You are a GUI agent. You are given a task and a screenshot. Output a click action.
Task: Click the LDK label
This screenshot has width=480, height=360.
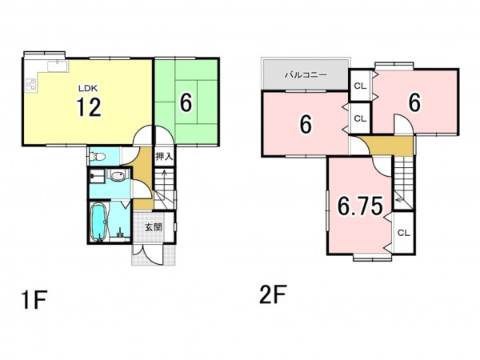click(88, 89)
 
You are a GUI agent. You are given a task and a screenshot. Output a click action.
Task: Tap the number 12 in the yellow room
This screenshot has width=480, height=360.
click(89, 107)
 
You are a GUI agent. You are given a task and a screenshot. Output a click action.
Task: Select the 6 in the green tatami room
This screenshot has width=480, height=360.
click(186, 102)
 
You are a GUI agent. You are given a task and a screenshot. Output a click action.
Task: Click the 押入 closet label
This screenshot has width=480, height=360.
click(164, 157)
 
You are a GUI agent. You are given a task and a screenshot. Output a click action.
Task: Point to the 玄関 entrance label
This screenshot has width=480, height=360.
click(154, 227)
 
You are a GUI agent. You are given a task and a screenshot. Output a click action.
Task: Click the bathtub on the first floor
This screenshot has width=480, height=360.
click(99, 222)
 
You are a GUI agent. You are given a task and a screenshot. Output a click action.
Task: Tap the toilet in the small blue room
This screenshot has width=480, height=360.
click(97, 157)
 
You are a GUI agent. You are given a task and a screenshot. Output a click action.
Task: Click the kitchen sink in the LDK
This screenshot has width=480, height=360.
click(58, 66)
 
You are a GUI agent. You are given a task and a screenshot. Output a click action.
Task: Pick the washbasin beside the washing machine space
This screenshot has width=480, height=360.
click(117, 176)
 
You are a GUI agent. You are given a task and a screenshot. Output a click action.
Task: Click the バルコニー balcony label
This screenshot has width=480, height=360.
click(306, 74)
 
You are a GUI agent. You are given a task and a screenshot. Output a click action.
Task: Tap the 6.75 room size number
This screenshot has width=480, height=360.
click(360, 206)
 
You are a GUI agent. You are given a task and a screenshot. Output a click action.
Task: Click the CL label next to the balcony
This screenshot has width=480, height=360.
click(360, 86)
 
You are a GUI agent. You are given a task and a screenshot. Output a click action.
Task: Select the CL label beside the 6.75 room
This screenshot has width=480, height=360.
click(403, 233)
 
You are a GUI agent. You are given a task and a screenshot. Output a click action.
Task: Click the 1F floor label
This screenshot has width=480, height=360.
click(34, 300)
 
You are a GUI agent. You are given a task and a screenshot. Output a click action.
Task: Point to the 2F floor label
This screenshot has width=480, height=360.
click(273, 294)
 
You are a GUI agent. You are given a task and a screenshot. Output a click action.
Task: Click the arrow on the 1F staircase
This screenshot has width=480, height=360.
click(164, 181)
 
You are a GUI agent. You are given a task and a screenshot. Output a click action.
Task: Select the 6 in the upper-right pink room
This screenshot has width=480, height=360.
click(414, 102)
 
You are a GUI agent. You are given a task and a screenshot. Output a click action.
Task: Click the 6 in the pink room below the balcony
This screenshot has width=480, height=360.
click(306, 124)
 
